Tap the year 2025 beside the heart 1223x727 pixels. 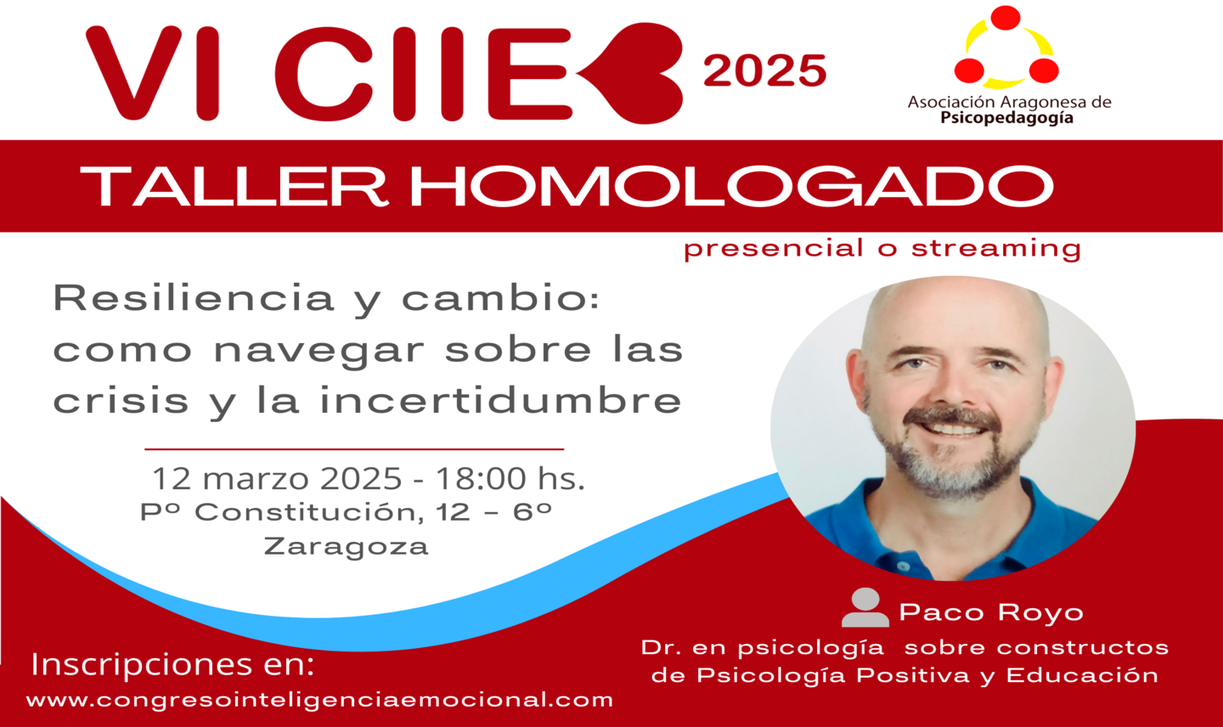tap(765, 70)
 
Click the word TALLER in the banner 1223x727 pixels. tap(234, 186)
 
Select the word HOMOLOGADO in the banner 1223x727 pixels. tap(731, 186)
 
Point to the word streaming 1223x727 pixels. tap(996, 249)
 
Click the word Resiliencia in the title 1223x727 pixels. tap(194, 298)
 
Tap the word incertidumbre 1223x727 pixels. tap(501, 399)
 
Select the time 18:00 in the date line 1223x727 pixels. tap(481, 479)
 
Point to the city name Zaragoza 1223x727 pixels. tap(347, 547)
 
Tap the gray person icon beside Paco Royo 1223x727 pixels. tap(865, 607)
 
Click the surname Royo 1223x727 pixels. tap(1040, 612)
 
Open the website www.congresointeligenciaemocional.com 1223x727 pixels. tap(319, 701)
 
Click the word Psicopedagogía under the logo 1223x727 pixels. tap(1006, 118)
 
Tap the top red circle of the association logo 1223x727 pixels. tap(1006, 18)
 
